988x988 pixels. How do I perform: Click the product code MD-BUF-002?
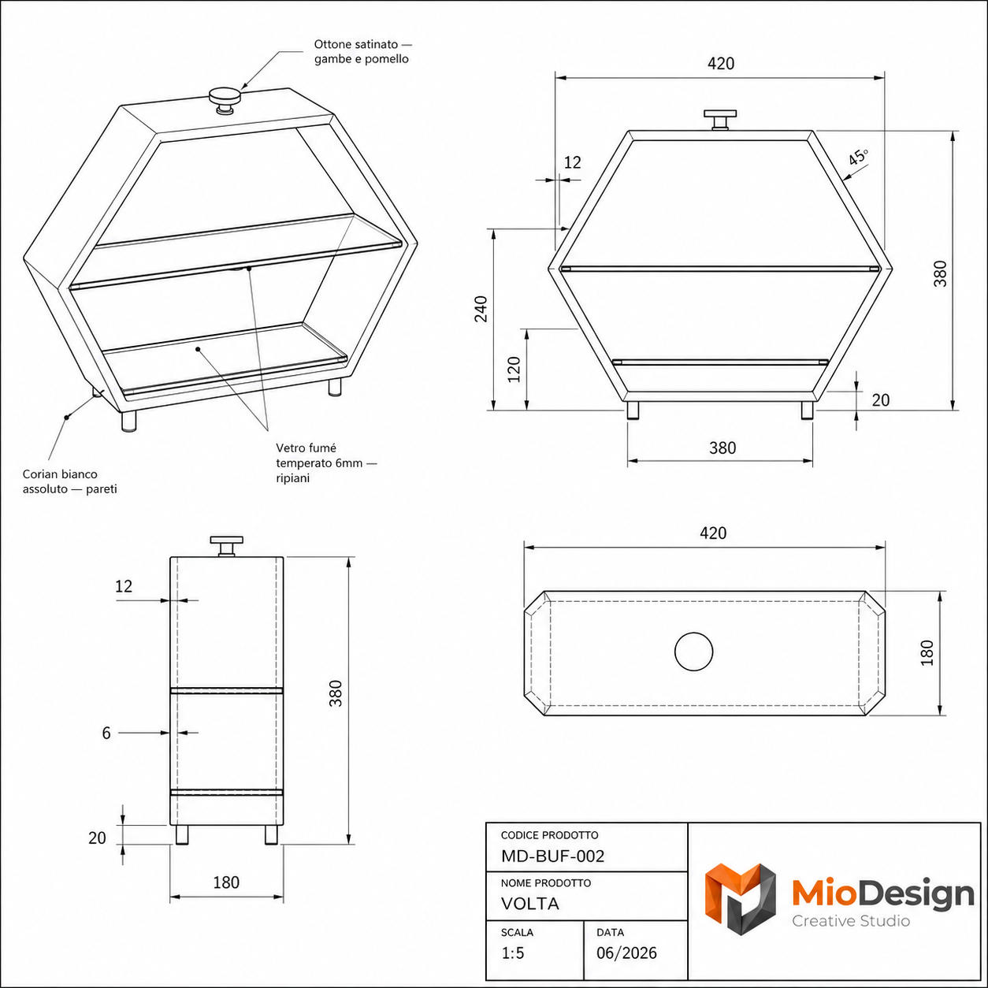pyautogui.click(x=552, y=856)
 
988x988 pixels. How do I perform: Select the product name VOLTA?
pyautogui.click(x=529, y=904)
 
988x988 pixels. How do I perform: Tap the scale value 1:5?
pyautogui.click(x=513, y=953)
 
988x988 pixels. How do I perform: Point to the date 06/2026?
pyautogui.click(x=626, y=953)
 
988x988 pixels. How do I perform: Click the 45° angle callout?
pyautogui.click(x=858, y=157)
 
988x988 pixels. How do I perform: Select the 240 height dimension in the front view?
pyautogui.click(x=481, y=309)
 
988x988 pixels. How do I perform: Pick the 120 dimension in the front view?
pyautogui.click(x=514, y=370)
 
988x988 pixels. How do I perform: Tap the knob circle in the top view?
pyautogui.click(x=693, y=652)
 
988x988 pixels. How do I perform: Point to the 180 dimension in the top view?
pyautogui.click(x=927, y=652)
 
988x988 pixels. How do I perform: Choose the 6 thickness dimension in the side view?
pyautogui.click(x=106, y=733)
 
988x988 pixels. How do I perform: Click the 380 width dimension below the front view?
pyautogui.click(x=722, y=448)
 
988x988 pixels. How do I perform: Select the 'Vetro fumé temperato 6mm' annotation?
pyautogui.click(x=326, y=463)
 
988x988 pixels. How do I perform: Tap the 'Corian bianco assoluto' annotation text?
pyautogui.click(x=70, y=481)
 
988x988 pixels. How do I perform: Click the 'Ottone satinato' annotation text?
pyautogui.click(x=362, y=51)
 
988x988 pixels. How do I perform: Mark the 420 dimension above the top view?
pyautogui.click(x=713, y=533)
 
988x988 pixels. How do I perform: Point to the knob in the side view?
pyautogui.click(x=226, y=546)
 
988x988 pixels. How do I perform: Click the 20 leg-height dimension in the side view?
pyautogui.click(x=97, y=838)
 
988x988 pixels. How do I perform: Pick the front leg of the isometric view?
pyautogui.click(x=128, y=421)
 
